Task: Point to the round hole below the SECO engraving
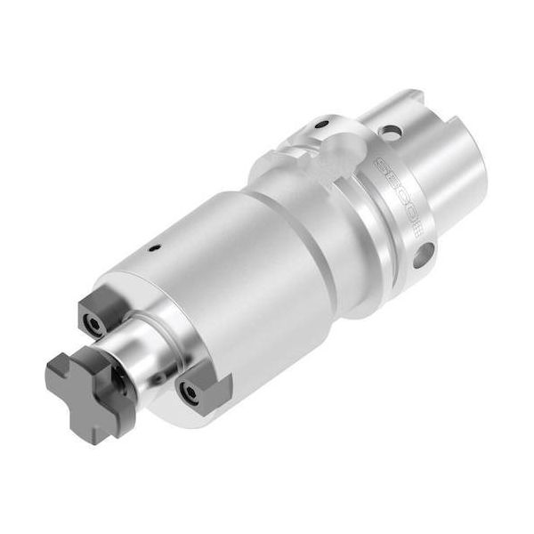425,252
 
